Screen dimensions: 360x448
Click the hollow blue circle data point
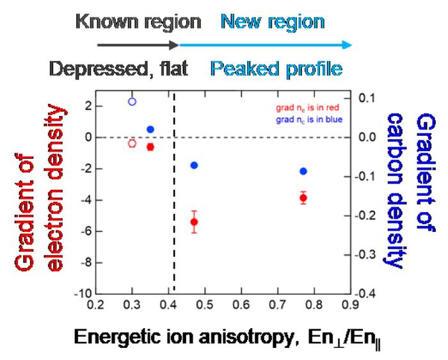click(x=132, y=101)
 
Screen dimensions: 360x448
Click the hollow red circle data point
click(x=132, y=143)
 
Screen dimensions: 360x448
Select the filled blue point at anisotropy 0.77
click(x=303, y=171)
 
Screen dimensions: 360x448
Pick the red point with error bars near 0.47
click(x=194, y=222)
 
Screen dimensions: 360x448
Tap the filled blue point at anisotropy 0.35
click(x=150, y=129)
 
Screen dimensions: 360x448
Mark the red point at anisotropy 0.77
click(x=303, y=198)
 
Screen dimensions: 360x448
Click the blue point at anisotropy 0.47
click(x=194, y=165)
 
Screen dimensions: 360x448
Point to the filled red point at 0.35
click(x=150, y=147)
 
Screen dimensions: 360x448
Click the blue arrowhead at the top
click(x=346, y=45)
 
